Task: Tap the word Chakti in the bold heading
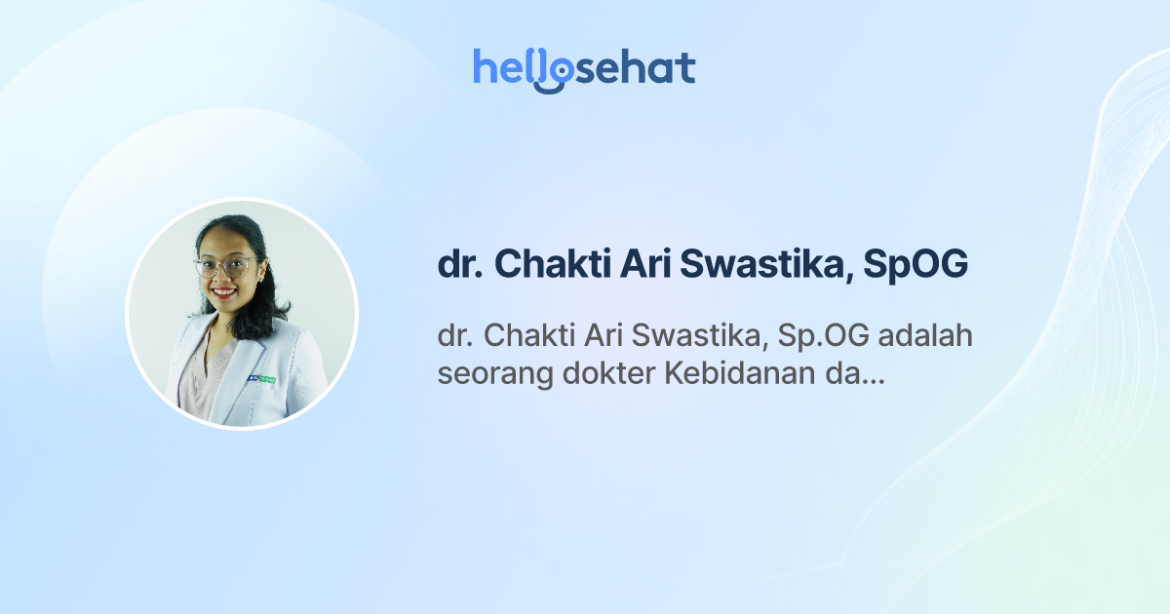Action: click(549, 265)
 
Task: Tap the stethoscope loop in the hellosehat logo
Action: click(555, 74)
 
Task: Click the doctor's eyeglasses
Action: click(225, 266)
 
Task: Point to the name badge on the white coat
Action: click(261, 378)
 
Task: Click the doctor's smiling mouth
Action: click(225, 291)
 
